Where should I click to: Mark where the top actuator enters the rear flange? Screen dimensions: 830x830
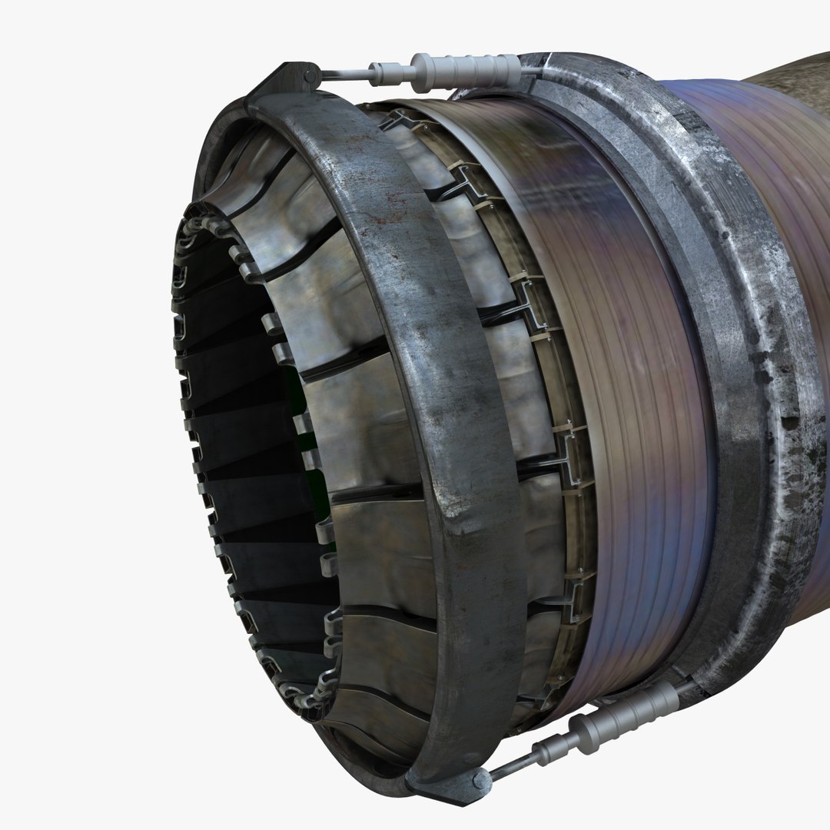point(530,68)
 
